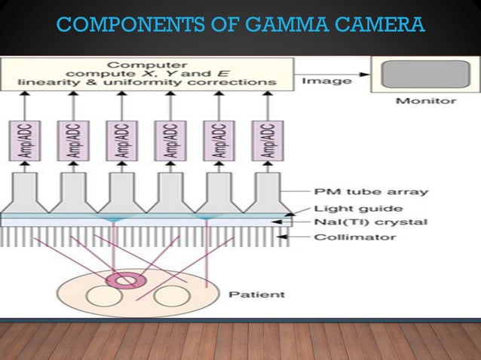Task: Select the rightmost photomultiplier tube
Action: pos(269,192)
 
